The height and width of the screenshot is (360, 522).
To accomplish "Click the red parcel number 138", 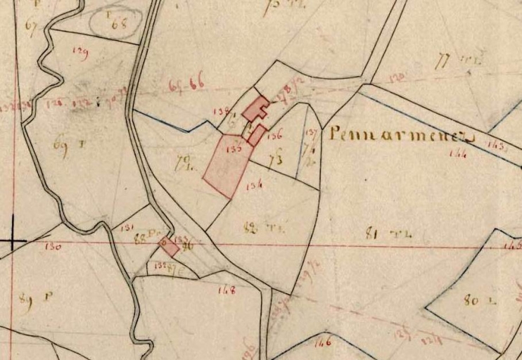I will point(225,111).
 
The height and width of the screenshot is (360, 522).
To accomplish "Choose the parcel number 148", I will point(227,289).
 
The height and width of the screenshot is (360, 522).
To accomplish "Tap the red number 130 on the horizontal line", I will point(53,247).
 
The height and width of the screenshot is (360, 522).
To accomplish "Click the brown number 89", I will point(27,297).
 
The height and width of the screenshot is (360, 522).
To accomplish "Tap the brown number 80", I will point(471,301).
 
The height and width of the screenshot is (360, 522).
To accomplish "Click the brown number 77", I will point(443,62).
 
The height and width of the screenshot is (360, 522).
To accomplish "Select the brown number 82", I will point(248,226).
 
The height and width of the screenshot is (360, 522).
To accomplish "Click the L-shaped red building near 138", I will point(256,109).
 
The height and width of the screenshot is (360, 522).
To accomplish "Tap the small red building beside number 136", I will point(256,134).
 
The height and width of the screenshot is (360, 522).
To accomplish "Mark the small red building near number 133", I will point(169,247).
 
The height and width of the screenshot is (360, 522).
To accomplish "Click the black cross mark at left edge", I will point(12,243).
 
